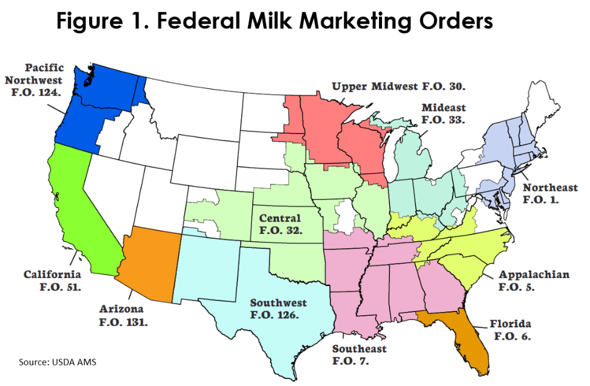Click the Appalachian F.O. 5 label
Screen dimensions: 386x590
534,281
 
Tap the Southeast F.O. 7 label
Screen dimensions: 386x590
359,354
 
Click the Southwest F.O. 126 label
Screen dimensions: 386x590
278,308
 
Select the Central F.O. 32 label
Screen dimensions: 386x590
280,224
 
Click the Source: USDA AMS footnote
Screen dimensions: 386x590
57,362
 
